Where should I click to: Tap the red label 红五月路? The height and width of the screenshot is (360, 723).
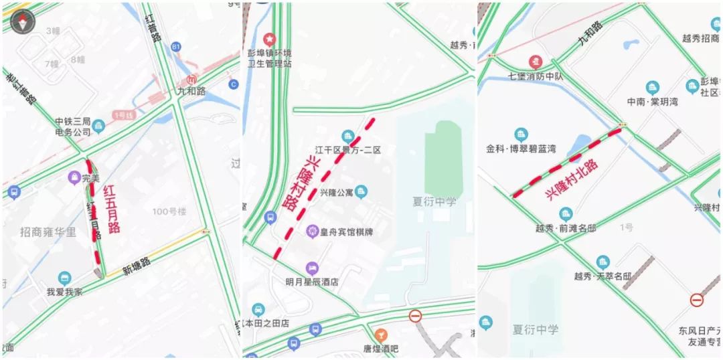point(112,209)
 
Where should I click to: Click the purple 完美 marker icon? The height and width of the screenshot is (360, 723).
point(74,178)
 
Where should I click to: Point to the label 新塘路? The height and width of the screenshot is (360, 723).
point(136,266)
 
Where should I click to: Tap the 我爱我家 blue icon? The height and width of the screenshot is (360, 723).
point(65,278)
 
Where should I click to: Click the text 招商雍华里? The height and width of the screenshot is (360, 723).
point(48,232)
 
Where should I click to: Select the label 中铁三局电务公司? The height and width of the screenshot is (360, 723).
point(73,127)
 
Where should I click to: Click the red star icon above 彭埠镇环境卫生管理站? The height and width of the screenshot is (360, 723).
point(270,39)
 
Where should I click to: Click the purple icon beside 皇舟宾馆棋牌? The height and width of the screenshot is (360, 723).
point(311,232)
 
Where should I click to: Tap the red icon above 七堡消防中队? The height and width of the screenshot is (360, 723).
point(535,62)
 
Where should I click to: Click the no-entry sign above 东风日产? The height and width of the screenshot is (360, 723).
point(696,299)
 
